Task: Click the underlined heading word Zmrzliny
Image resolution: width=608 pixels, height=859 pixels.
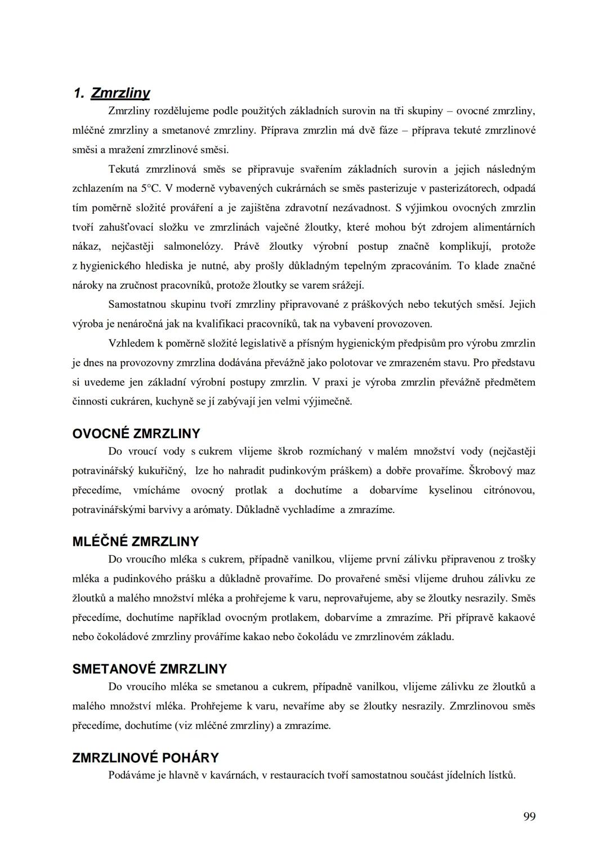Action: click(120, 93)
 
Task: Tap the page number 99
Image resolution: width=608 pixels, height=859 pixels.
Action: click(529, 816)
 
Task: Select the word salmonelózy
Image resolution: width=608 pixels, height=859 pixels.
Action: click(193, 246)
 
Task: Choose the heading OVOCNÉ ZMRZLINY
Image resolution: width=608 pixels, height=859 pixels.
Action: click(136, 434)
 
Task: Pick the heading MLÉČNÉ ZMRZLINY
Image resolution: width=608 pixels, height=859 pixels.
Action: click(136, 542)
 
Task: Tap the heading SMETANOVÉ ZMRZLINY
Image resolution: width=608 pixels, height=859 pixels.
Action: click(150, 669)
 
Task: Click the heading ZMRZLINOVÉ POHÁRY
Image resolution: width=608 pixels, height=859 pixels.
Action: click(146, 758)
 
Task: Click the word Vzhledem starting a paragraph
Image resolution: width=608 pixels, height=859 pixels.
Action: click(131, 343)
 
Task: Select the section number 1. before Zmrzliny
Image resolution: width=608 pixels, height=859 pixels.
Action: click(79, 93)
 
